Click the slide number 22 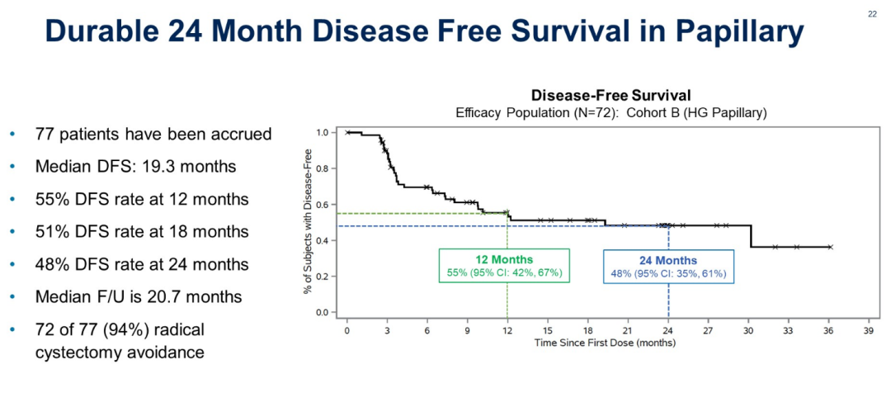873,14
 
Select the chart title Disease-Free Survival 610,95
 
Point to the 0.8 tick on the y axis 322,168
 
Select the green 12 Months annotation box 505,266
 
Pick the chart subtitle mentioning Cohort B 610,113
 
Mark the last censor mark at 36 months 830,247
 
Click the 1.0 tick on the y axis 322,132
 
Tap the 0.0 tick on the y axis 322,313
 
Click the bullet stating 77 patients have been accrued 153,134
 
